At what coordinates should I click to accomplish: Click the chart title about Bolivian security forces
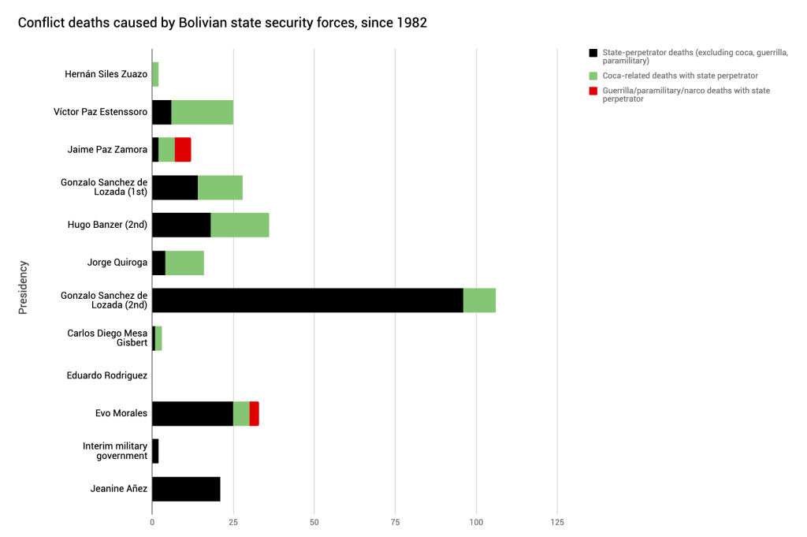click(x=222, y=23)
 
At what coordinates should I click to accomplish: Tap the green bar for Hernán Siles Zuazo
click(x=155, y=74)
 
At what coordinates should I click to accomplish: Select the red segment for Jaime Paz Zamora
click(x=183, y=149)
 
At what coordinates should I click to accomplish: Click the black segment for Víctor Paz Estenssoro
click(x=162, y=112)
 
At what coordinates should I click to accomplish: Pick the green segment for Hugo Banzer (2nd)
click(x=240, y=225)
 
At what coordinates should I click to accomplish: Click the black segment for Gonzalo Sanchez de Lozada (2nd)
click(x=307, y=300)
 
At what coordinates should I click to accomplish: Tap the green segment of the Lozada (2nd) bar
click(x=479, y=300)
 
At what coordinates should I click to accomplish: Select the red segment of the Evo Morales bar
click(x=254, y=413)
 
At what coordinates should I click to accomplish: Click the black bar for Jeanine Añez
click(x=186, y=489)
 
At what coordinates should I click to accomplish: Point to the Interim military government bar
click(x=155, y=451)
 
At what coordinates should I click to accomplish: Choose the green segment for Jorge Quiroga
click(x=184, y=263)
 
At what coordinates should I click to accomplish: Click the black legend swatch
click(x=593, y=53)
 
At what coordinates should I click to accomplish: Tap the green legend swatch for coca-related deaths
click(x=593, y=76)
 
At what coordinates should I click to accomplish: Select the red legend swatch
click(x=593, y=91)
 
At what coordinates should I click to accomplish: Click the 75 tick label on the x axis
click(x=395, y=522)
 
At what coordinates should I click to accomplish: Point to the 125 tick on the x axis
click(x=557, y=522)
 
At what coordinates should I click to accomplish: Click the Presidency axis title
click(x=23, y=287)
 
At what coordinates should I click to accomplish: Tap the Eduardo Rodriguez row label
click(x=107, y=375)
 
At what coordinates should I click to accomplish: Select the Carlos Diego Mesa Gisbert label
click(x=107, y=337)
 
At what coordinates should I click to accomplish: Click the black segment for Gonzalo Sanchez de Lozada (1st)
click(x=175, y=187)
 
